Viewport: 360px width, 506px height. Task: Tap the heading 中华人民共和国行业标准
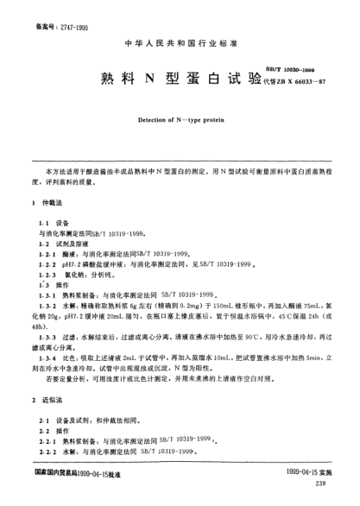point(180,41)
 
